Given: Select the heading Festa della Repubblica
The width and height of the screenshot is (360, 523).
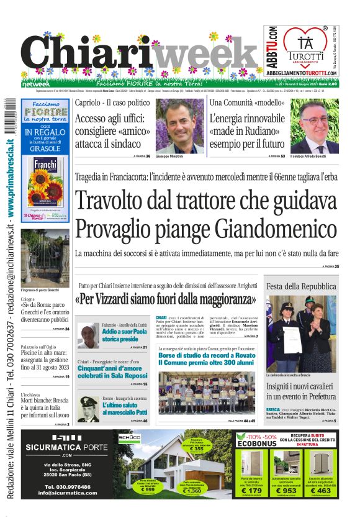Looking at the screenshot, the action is (x=297, y=286).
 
